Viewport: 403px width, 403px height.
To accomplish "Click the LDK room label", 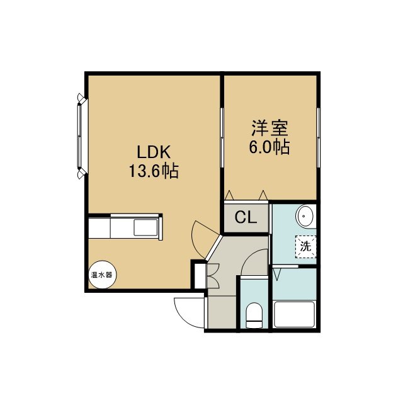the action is pyautogui.click(x=154, y=152).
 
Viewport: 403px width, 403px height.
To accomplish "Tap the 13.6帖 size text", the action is pyautogui.click(x=154, y=171).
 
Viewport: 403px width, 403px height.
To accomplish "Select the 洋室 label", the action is pyautogui.click(x=270, y=128).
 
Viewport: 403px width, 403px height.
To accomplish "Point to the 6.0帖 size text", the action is pyautogui.click(x=270, y=147).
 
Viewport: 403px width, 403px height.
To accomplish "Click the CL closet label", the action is pyautogui.click(x=246, y=217).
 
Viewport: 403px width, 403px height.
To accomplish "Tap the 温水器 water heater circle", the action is pyautogui.click(x=102, y=275).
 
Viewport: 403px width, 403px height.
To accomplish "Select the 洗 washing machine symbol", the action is pyautogui.click(x=306, y=247).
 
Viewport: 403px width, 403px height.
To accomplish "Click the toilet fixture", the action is pyautogui.click(x=254, y=315).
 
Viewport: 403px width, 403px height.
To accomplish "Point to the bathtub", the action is pyautogui.click(x=295, y=314).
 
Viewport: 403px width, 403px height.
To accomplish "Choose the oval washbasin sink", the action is pyautogui.click(x=305, y=216).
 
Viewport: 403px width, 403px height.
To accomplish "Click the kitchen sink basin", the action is pyautogui.click(x=145, y=227).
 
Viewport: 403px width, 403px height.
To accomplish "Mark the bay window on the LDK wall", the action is pyautogui.click(x=81, y=136).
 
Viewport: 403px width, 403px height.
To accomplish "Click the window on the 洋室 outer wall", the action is pyautogui.click(x=318, y=137).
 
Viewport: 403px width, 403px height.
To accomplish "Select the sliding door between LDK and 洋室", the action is pyautogui.click(x=222, y=137).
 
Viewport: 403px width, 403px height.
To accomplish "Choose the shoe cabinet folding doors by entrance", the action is pyautogui.click(x=213, y=276).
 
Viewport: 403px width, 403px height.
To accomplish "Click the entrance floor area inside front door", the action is pyautogui.click(x=222, y=312).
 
